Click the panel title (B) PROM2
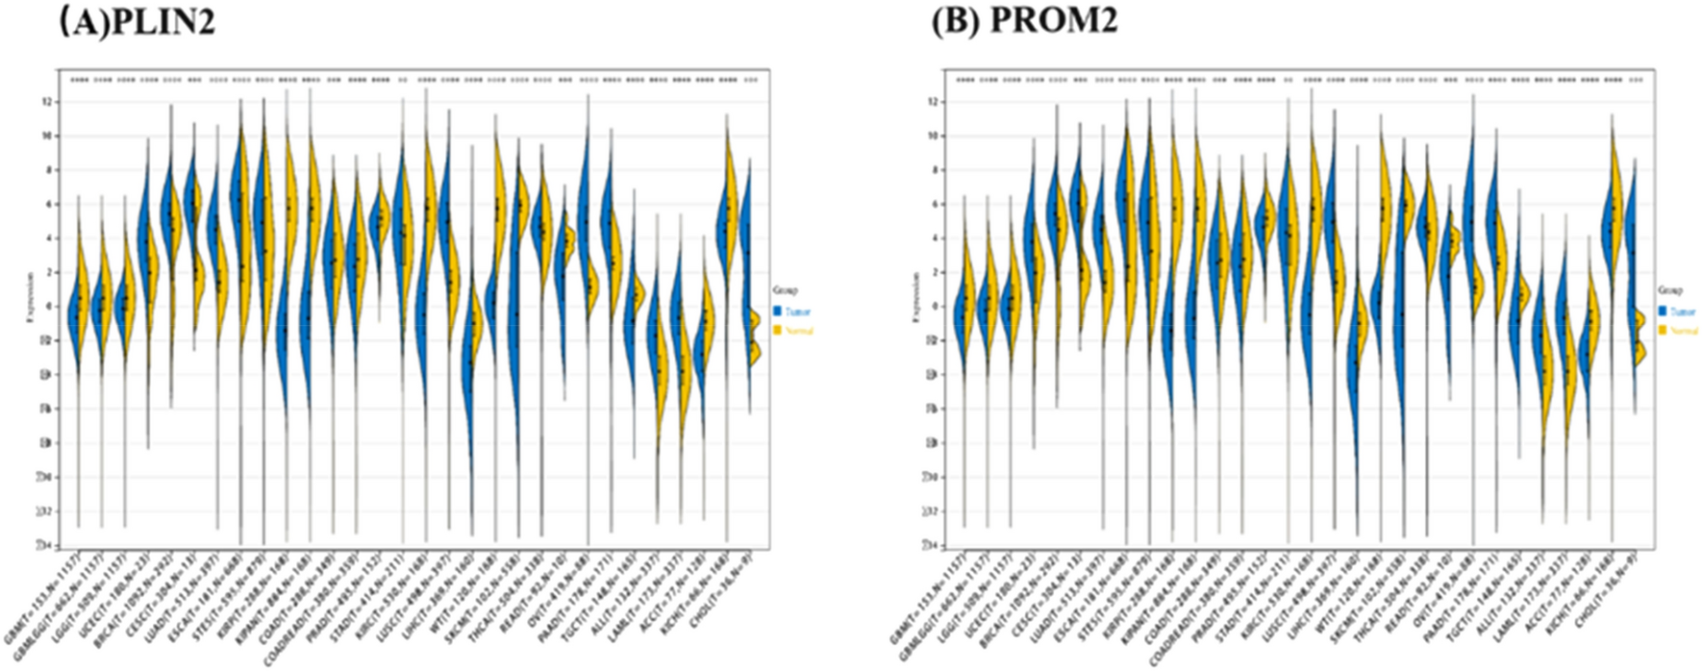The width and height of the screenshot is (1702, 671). pyautogui.click(x=1023, y=21)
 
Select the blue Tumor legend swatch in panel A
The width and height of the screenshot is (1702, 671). pyautogui.click(x=777, y=311)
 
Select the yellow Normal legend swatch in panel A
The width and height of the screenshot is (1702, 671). pyautogui.click(x=777, y=330)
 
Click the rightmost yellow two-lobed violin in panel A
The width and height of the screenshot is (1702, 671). pyautogui.click(x=755, y=336)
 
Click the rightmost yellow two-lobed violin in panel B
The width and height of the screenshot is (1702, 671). pyautogui.click(x=1639, y=336)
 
